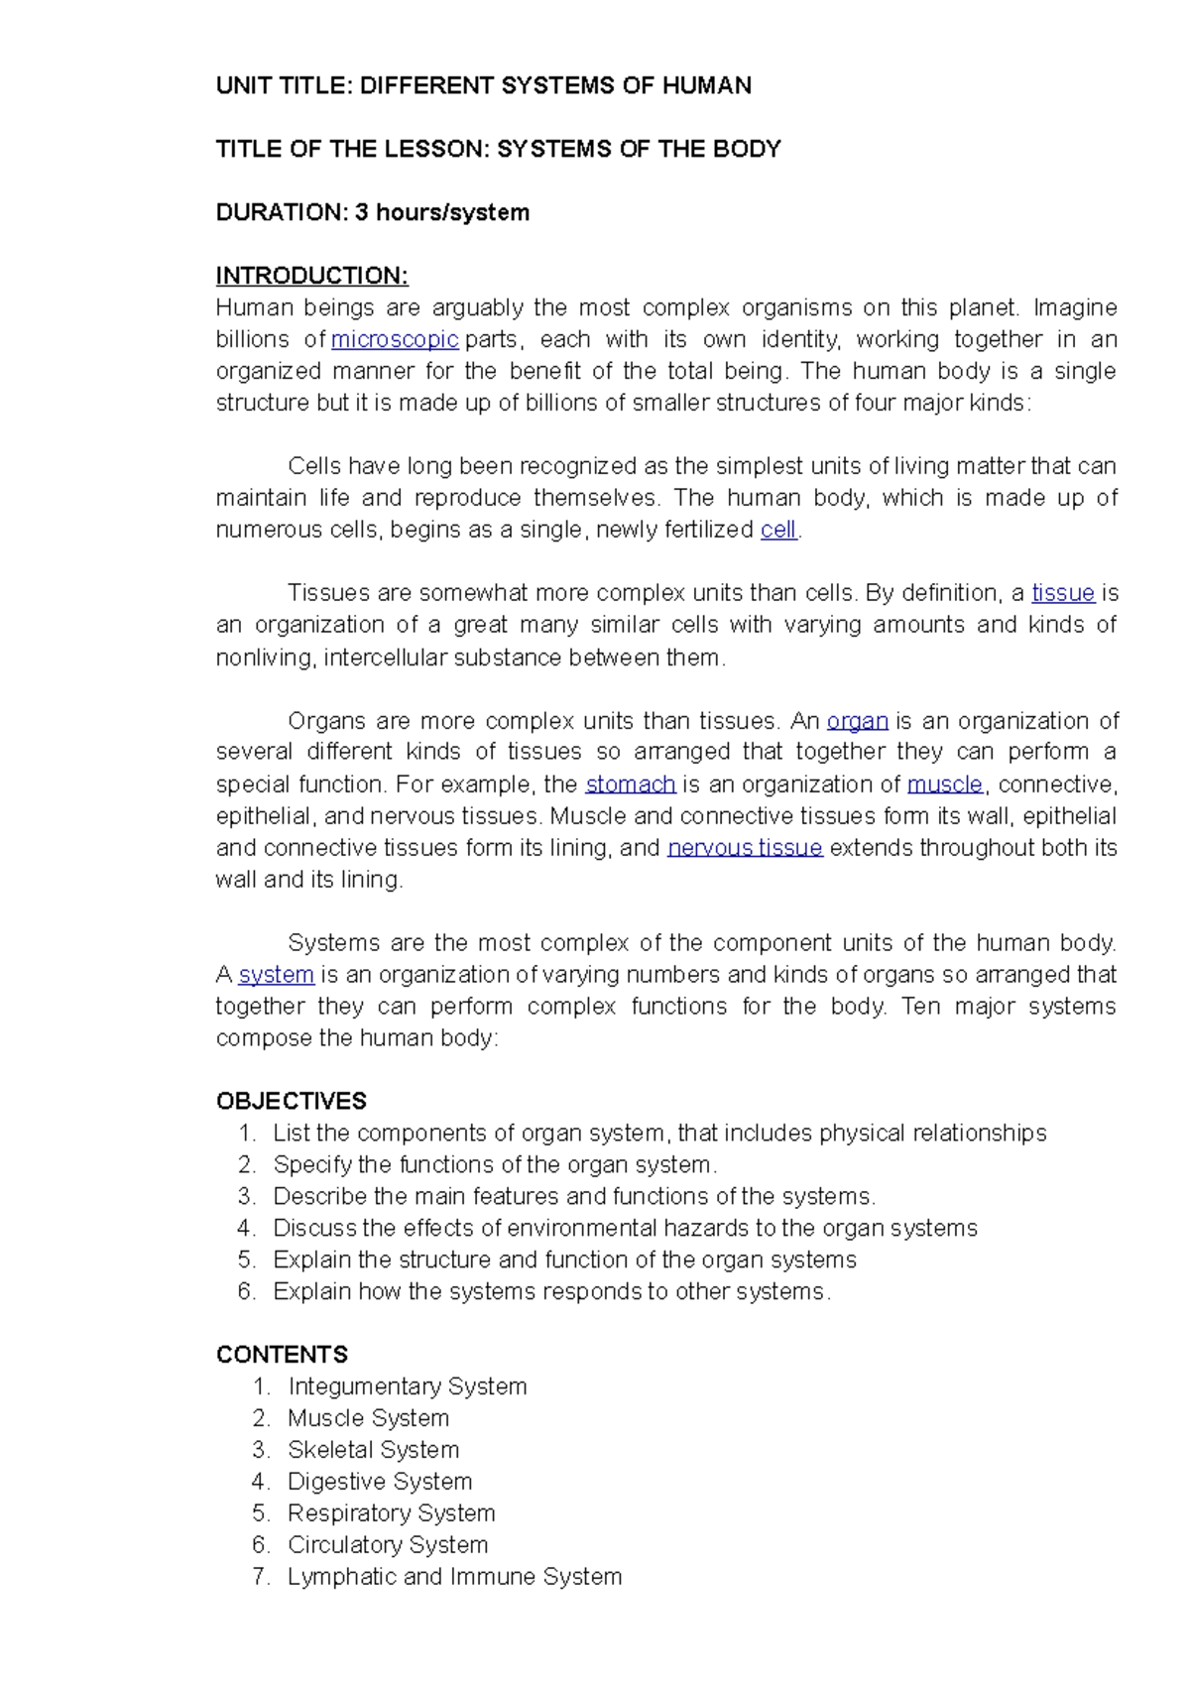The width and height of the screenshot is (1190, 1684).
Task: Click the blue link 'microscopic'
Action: [394, 339]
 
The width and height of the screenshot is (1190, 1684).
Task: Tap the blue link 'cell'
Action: [778, 530]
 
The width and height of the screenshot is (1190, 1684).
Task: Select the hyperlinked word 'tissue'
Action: [1062, 593]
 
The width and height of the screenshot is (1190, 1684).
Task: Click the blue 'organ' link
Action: [857, 721]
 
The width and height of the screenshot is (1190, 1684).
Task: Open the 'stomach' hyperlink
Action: [631, 784]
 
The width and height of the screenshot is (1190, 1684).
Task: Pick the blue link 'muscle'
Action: [944, 784]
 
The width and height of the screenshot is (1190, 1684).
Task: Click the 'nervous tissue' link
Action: [745, 848]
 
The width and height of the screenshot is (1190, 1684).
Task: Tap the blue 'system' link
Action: [277, 975]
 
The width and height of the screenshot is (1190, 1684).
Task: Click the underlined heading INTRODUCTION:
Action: [311, 276]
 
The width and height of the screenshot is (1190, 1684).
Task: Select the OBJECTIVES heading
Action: [291, 1102]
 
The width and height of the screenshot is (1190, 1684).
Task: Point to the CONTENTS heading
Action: [282, 1355]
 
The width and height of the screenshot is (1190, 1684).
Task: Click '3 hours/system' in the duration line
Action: [442, 212]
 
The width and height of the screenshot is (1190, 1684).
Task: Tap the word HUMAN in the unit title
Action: [706, 85]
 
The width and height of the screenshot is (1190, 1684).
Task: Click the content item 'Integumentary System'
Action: [407, 1386]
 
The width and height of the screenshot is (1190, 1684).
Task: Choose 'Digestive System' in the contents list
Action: [379, 1482]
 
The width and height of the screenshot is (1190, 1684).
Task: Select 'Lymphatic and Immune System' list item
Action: [454, 1577]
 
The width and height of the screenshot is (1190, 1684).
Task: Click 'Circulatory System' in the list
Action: [387, 1545]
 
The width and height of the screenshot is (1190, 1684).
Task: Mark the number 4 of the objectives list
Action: [246, 1229]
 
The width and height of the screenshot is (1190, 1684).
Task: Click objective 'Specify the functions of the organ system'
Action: [493, 1165]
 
